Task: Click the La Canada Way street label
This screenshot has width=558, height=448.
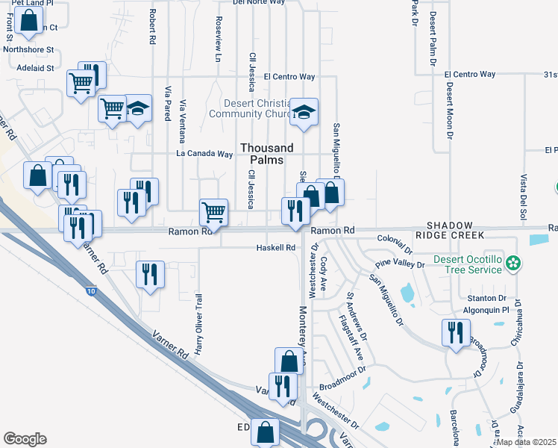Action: [204, 154]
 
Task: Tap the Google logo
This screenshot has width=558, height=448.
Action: [25, 439]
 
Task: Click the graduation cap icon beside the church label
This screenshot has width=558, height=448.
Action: [303, 112]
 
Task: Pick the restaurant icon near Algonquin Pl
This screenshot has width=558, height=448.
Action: [454, 332]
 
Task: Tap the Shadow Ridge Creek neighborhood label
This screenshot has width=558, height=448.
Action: [455, 230]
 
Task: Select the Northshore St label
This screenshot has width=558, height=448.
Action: [29, 50]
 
